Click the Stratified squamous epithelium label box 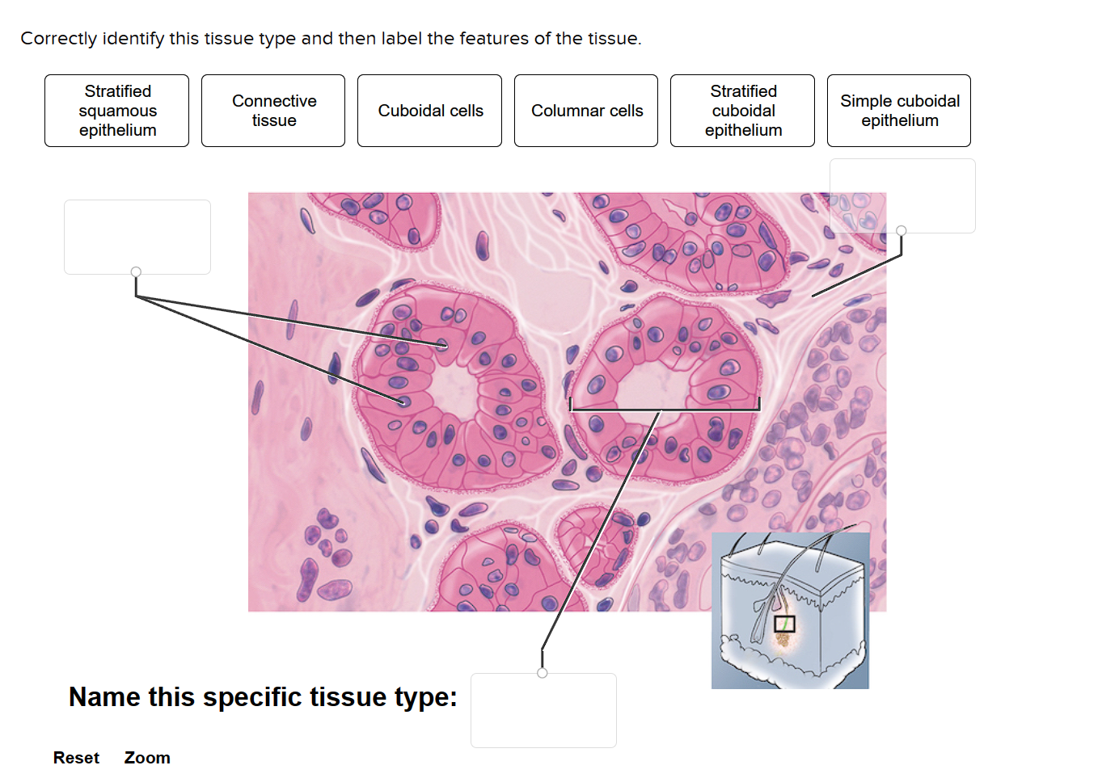[x=117, y=111]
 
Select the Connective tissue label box [x=273, y=111]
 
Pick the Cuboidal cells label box [x=429, y=111]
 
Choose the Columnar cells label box [x=586, y=111]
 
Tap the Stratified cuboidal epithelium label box [x=742, y=111]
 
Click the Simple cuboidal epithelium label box [x=899, y=111]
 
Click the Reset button [x=76, y=758]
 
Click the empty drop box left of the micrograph [x=137, y=237]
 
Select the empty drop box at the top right [x=902, y=196]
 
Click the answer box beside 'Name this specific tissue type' [x=543, y=710]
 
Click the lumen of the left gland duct [x=454, y=392]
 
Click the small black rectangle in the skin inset [x=783, y=624]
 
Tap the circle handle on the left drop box [x=136, y=272]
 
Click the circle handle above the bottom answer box [x=542, y=673]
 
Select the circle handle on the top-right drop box [x=902, y=230]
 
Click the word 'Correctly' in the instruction [x=58, y=39]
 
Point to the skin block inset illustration [x=790, y=609]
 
